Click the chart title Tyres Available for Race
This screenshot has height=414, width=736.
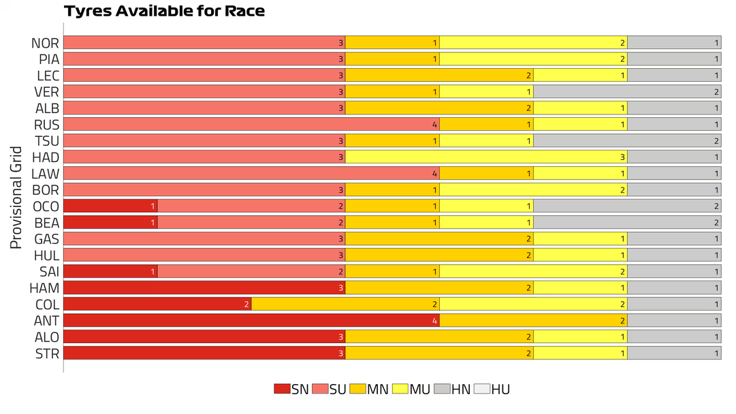tap(164, 11)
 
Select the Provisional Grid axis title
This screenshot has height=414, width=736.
tap(17, 197)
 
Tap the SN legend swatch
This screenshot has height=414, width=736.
tap(282, 389)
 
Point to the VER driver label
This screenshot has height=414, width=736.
tap(47, 92)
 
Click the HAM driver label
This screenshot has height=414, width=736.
tap(45, 288)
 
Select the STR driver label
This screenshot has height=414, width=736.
tap(47, 353)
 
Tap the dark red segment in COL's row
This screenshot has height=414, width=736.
tap(157, 304)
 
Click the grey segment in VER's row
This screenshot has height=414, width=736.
tap(627, 92)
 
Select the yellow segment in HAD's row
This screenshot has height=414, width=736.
tap(486, 157)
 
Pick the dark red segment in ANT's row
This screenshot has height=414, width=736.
tap(251, 321)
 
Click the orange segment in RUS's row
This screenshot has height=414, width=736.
tap(486, 125)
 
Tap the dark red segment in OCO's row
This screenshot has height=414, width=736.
tap(110, 206)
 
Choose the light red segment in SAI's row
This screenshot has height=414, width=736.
tap(251, 272)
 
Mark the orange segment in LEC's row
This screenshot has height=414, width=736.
tap(439, 76)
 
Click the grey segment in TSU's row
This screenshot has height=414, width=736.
tap(627, 141)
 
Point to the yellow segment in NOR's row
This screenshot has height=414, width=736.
tap(533, 43)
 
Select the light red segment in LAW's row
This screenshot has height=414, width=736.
tap(251, 174)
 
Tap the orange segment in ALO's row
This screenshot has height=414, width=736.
tap(439, 337)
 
